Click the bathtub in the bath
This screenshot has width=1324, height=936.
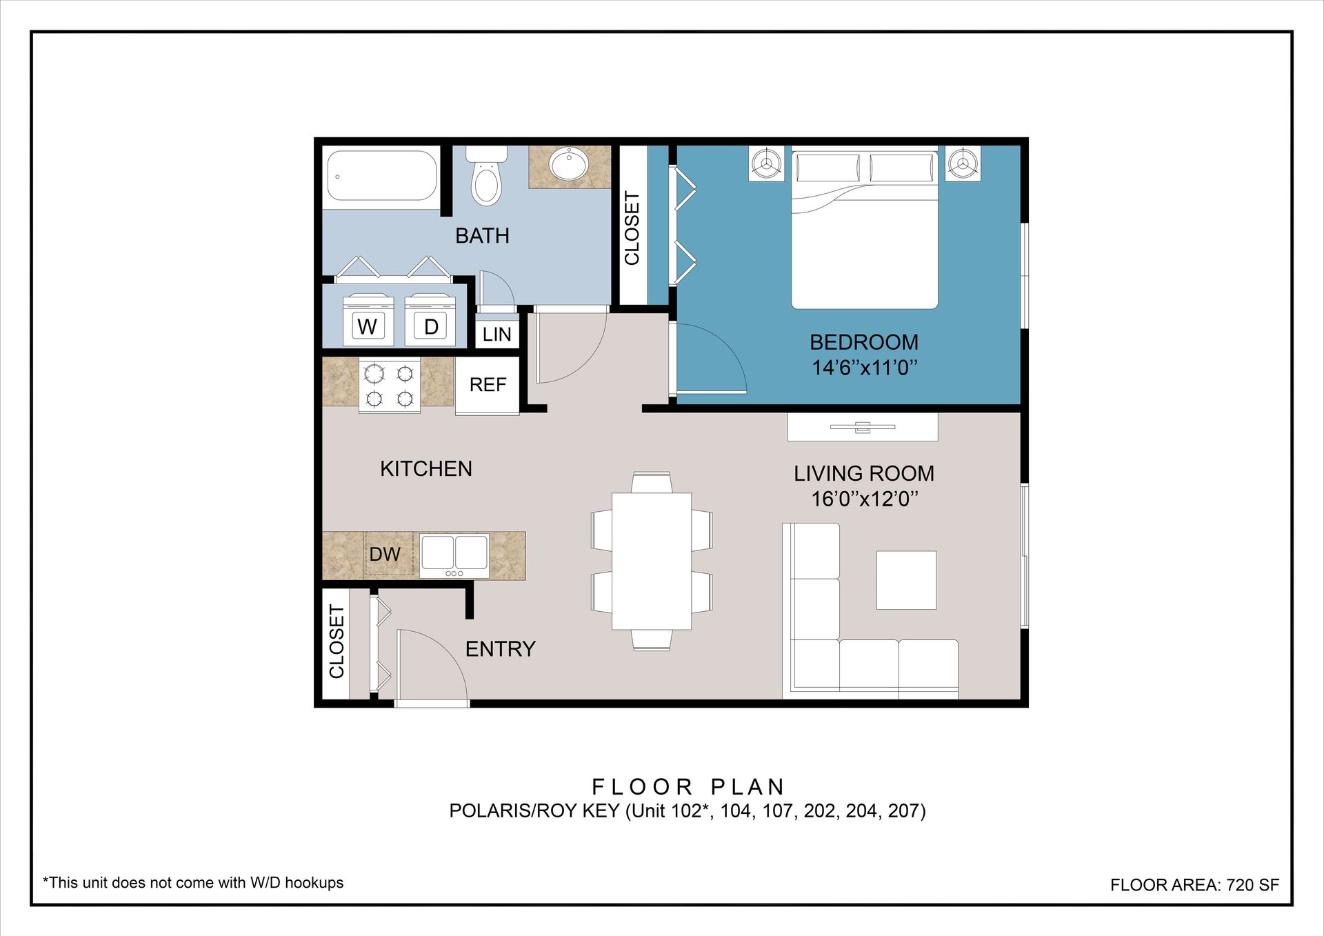[x=382, y=176]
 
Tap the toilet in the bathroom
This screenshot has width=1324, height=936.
[x=487, y=176]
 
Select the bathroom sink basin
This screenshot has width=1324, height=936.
[x=568, y=164]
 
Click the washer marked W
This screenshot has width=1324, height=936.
[x=368, y=320]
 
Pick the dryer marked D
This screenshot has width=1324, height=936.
[x=430, y=320]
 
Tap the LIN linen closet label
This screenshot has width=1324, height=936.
[x=497, y=335]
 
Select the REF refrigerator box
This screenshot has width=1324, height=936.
[x=488, y=386]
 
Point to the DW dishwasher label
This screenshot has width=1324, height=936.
[x=385, y=554]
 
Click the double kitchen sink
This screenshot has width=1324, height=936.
[x=454, y=555]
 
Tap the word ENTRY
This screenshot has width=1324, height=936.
[x=501, y=649]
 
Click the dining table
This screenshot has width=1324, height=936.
[x=652, y=561]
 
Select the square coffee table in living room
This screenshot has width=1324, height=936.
[x=906, y=580]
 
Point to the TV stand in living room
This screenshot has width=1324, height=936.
[x=863, y=427]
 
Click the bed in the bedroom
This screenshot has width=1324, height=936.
[x=865, y=230]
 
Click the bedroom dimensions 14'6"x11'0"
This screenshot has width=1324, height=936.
[x=865, y=368]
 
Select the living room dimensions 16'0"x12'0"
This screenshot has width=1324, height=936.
[x=865, y=499]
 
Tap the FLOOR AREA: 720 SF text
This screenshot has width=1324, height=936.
[x=1194, y=885]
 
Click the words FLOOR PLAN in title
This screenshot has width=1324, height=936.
[x=688, y=787]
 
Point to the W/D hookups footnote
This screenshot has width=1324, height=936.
[x=193, y=883]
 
